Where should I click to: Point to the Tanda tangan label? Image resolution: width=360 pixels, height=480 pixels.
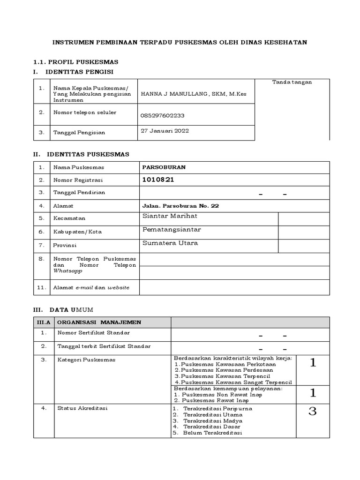tap(292, 82)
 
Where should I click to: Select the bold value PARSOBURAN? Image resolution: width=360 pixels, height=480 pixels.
tap(164, 167)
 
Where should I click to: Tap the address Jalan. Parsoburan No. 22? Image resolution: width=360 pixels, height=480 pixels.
tap(180, 206)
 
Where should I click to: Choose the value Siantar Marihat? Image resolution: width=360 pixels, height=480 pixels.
tap(169, 216)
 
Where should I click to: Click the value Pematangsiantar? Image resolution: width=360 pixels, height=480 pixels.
tap(172, 229)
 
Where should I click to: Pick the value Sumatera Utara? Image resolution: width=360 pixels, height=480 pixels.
tap(170, 243)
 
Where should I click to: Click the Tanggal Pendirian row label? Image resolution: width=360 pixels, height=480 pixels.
tap(79, 193)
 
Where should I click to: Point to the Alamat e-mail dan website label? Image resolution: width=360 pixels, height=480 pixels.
tap(91, 287)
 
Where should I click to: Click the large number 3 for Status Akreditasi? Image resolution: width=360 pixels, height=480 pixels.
tap(313, 412)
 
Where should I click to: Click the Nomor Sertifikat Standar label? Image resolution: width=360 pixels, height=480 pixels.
tap(93, 333)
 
